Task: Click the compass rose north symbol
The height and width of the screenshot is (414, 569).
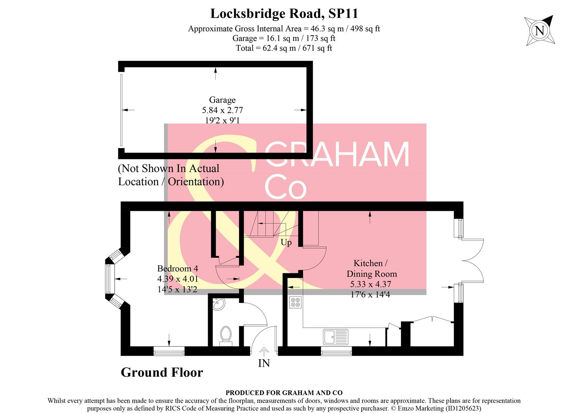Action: point(539,30)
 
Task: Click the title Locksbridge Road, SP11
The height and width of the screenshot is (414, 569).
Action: point(284,14)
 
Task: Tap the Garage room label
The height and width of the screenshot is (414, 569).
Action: point(222,100)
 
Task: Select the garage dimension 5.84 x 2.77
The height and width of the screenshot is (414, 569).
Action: point(222,110)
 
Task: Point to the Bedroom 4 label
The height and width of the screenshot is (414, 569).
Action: point(177,268)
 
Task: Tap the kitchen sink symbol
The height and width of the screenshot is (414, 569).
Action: point(335,337)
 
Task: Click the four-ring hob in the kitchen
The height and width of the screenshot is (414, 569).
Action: point(295,302)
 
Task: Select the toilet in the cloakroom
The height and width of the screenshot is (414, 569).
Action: point(226,335)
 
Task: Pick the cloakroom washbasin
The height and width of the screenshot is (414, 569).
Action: point(218,304)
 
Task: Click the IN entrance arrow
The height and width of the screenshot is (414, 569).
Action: point(264,351)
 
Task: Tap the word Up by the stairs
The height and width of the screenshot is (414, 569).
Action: point(286,243)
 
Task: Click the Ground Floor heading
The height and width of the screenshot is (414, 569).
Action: point(162,372)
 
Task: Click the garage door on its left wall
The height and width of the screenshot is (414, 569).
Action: point(121,110)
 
